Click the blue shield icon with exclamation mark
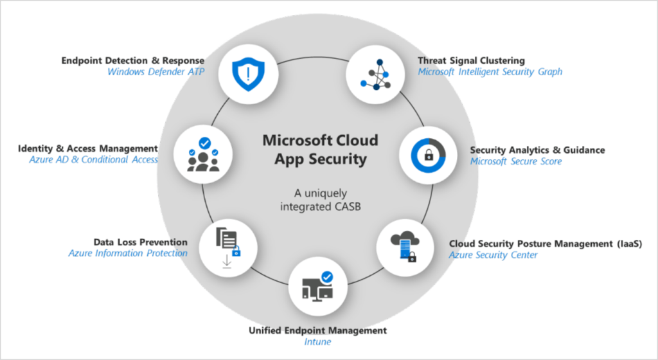pyautogui.click(x=249, y=75)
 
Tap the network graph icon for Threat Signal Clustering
pyautogui.click(x=375, y=75)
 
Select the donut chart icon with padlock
pyautogui.click(x=428, y=155)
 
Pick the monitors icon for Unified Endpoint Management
pyautogui.click(x=317, y=286)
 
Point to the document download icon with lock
pyautogui.click(x=228, y=248)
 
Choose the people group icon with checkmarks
pyautogui.click(x=203, y=154)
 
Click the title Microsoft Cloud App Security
pyautogui.click(x=320, y=149)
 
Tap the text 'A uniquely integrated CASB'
pyautogui.click(x=320, y=200)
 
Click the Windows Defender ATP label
pyautogui.click(x=156, y=72)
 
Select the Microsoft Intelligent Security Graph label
pyautogui.click(x=490, y=72)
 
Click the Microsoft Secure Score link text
pyautogui.click(x=516, y=161)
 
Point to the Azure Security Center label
pyautogui.click(x=493, y=255)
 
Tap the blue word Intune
pyautogui.click(x=317, y=341)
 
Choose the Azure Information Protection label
pyautogui.click(x=128, y=253)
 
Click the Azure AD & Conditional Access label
pyautogui.click(x=94, y=159)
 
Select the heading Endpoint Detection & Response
pyautogui.click(x=133, y=60)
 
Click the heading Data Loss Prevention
pyautogui.click(x=141, y=242)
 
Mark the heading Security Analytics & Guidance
pyautogui.click(x=538, y=150)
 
